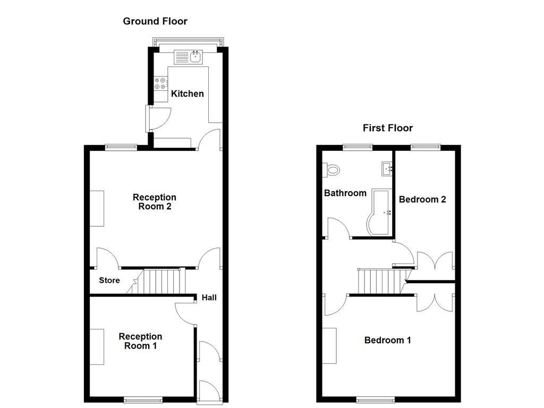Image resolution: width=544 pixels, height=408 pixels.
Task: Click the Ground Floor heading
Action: point(155,21)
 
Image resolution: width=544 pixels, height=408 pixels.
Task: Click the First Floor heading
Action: point(388,127)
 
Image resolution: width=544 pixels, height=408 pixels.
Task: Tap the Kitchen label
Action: point(187,93)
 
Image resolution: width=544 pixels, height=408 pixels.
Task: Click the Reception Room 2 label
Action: point(155,202)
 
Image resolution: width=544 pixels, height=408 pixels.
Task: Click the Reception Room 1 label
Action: point(140,341)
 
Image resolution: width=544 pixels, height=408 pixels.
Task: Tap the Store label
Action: point(109,280)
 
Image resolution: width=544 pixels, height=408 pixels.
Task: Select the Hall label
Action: point(209,297)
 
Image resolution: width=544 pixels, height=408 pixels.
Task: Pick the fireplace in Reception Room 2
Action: point(97,208)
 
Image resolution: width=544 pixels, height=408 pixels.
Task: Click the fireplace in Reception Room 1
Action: point(97,346)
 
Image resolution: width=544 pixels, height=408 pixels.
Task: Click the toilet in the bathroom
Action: point(331,169)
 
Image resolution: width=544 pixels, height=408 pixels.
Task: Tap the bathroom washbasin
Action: point(387,169)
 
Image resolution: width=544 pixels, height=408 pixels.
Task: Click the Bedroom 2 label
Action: point(422,199)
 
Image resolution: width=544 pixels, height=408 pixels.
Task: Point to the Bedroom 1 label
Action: point(387,340)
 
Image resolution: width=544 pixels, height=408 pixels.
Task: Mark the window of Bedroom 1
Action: point(376,399)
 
